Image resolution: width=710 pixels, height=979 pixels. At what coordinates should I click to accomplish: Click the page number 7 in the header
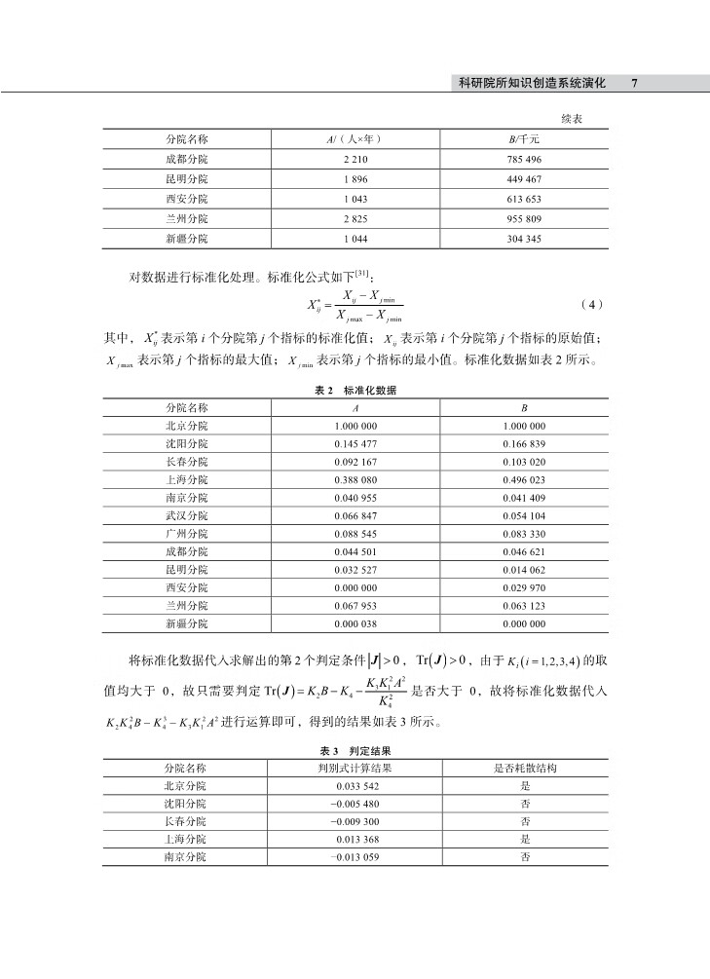pos(634,84)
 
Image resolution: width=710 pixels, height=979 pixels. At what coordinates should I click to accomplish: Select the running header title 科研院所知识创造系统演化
pos(531,84)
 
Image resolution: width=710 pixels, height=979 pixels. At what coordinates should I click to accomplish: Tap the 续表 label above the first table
pos(573,119)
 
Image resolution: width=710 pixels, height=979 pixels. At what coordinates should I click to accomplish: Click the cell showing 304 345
pos(524,239)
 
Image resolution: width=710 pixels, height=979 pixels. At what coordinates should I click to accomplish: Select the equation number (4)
pos(591,304)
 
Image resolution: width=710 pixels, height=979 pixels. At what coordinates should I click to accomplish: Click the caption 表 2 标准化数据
pos(355,390)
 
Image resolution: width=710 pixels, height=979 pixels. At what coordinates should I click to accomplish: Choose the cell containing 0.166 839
pos(524,444)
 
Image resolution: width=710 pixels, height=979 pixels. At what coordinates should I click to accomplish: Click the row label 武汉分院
pos(186,516)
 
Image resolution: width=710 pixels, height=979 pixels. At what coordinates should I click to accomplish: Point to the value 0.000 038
pos(355,624)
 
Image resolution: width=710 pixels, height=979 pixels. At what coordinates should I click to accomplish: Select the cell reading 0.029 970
pos(524,588)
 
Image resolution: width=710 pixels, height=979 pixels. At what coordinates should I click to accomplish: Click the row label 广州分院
pos(186,535)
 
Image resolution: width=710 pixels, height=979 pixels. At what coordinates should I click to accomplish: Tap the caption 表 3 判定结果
pos(355,751)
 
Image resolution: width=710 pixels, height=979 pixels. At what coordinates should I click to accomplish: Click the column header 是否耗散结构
pos(525,768)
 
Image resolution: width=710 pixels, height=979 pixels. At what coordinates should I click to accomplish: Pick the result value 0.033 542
pos(355,785)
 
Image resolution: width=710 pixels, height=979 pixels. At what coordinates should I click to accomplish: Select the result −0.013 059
pos(355,857)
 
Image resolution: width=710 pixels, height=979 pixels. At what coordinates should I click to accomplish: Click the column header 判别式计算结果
pos(355,768)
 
